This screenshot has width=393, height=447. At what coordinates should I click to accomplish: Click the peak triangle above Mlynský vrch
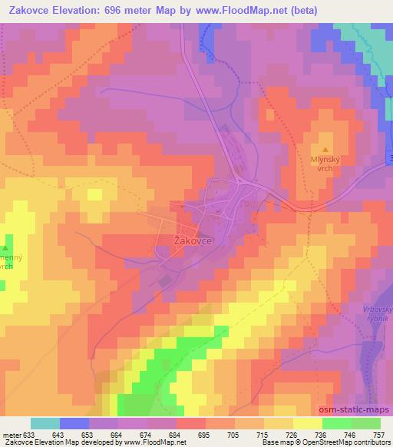tap(325, 150)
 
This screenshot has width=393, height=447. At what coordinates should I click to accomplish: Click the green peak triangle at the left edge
tap(5, 249)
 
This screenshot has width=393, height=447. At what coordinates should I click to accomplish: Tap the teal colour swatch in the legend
tap(45, 423)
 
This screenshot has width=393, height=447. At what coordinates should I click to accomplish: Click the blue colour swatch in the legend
tap(74, 423)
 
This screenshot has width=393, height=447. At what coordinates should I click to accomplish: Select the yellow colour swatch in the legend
tap(307, 423)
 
